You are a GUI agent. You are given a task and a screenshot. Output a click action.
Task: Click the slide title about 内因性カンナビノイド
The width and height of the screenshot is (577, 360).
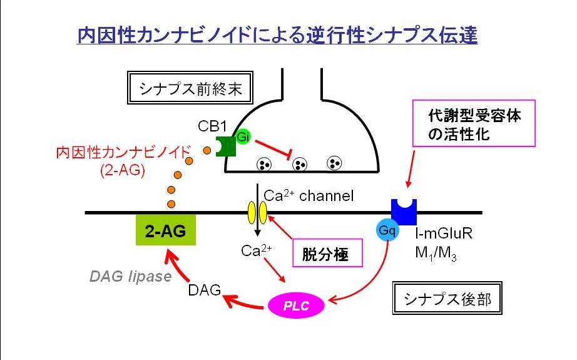pyautogui.click(x=277, y=36)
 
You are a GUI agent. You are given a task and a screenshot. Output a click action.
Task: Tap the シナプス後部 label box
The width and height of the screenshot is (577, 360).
pyautogui.click(x=441, y=299)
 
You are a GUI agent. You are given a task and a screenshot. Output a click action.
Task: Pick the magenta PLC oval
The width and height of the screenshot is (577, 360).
pyautogui.click(x=297, y=306)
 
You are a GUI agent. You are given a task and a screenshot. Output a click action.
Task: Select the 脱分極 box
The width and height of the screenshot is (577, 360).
pyautogui.click(x=324, y=254)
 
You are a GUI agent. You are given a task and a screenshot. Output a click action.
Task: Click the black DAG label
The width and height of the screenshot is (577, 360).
pyautogui.click(x=204, y=290)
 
